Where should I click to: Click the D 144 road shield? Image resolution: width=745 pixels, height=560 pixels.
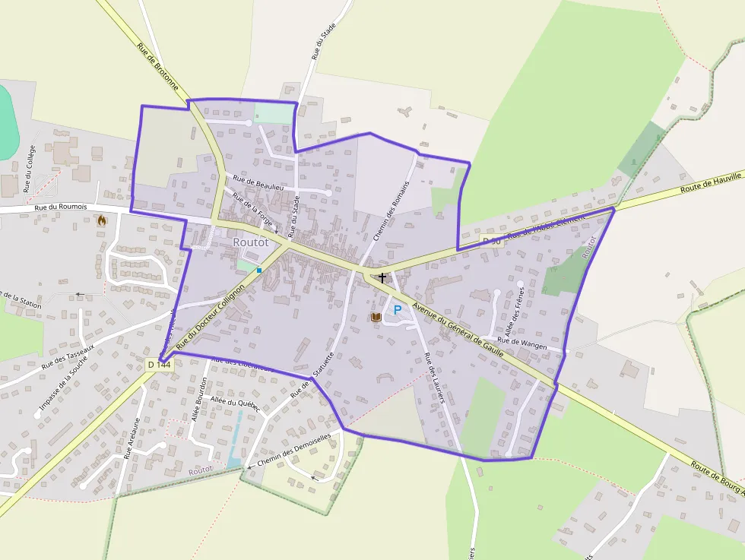point(160,365)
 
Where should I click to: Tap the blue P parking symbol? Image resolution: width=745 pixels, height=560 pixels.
point(397,310)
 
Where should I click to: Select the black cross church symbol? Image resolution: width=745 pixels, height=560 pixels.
point(382,278)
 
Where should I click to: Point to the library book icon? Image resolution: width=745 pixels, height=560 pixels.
point(376,317)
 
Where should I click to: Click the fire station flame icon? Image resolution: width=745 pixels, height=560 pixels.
point(102,220)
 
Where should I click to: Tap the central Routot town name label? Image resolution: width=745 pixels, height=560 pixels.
point(251,242)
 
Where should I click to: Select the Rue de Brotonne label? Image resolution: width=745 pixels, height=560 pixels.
point(157,67)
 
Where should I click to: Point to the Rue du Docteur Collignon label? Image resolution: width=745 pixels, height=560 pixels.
point(211,318)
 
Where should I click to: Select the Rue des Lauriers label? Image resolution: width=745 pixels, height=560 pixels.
point(434,378)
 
